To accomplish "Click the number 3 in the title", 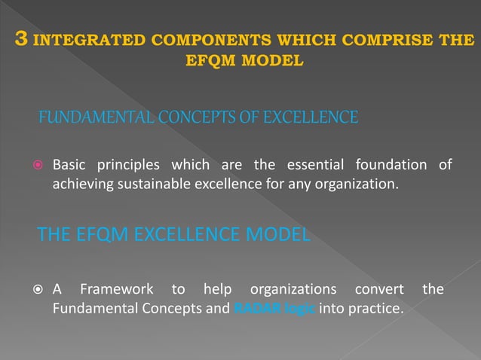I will point(23,39).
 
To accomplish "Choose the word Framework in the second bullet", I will point(117,289).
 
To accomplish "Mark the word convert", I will point(379,289).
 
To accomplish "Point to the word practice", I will point(377,307).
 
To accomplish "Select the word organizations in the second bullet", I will point(293,289).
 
